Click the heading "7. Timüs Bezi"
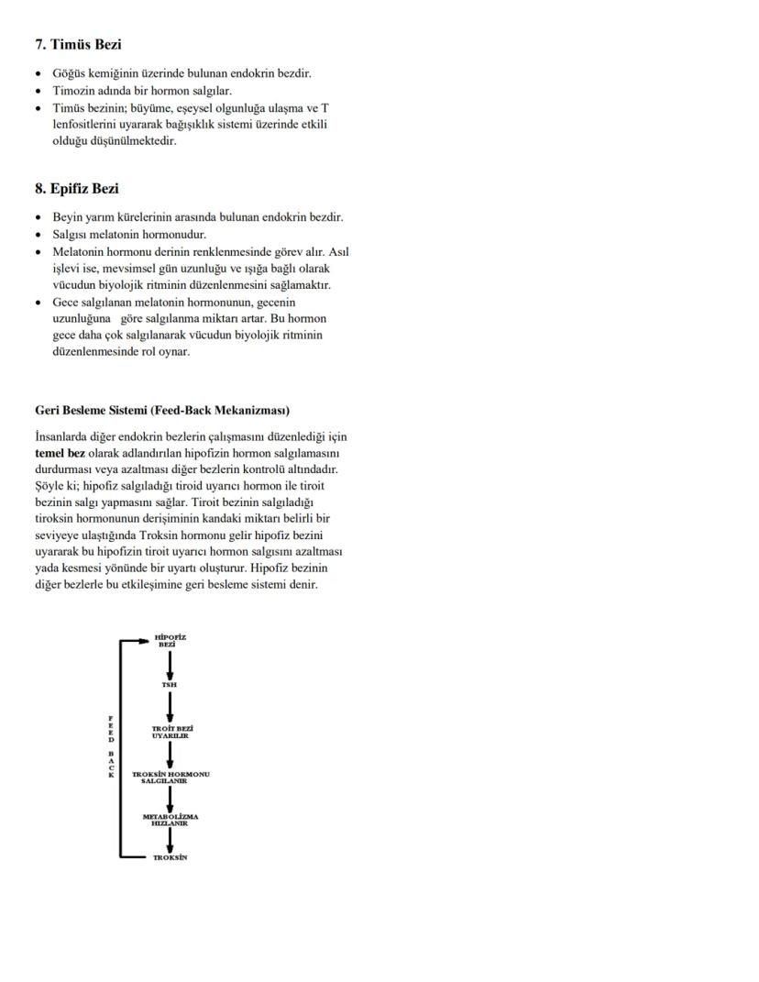click(x=78, y=45)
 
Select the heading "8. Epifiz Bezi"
click(x=77, y=189)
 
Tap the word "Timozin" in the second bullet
click(x=74, y=92)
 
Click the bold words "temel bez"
click(x=60, y=453)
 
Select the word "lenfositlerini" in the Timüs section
click(x=86, y=125)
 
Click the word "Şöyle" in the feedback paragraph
click(x=51, y=486)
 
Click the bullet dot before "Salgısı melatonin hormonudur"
click(x=38, y=235)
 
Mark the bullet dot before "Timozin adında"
click(x=38, y=92)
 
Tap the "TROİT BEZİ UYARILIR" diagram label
click(x=172, y=732)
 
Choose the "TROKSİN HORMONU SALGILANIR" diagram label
click(x=170, y=777)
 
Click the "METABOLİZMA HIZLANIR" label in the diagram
click(x=170, y=819)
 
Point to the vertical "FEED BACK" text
click(x=111, y=745)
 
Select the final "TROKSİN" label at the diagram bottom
click(x=170, y=858)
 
